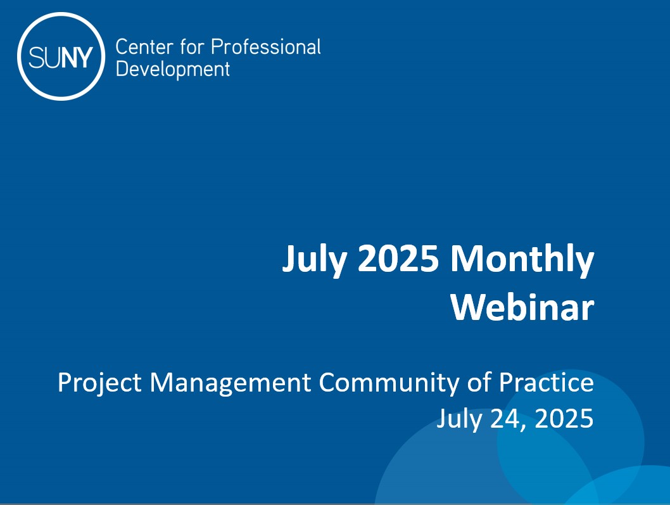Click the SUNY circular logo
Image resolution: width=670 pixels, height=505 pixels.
click(x=60, y=57)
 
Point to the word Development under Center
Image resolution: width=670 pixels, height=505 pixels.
click(x=173, y=69)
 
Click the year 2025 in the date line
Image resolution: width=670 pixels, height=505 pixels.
click(x=565, y=419)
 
